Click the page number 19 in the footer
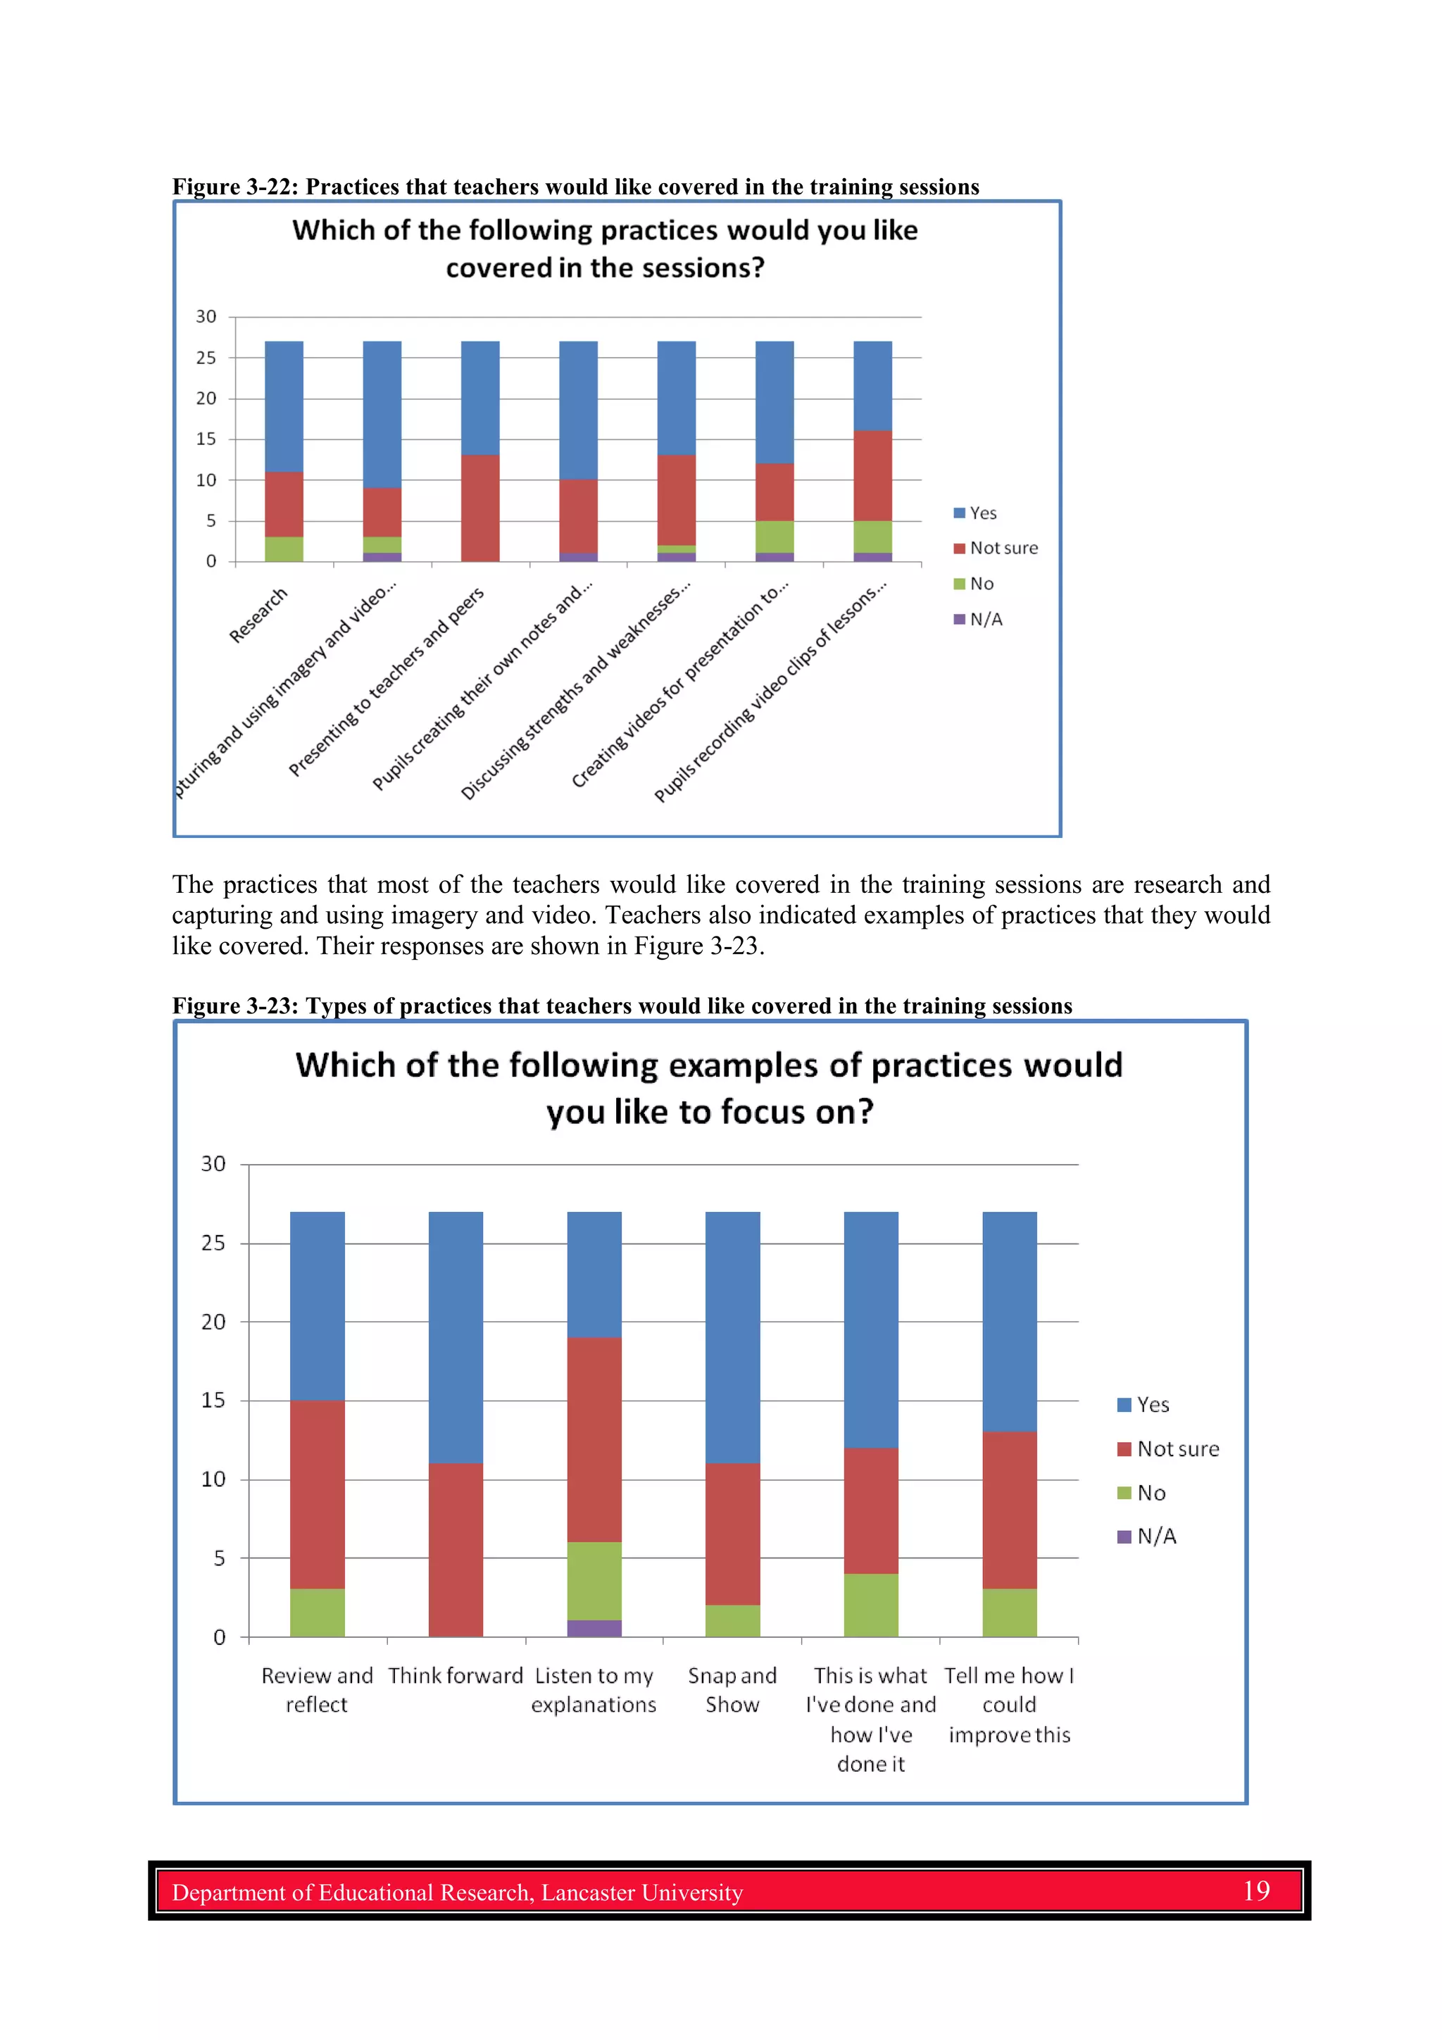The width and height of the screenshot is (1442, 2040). coord(1255,1891)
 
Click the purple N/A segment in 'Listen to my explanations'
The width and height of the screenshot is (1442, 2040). coord(594,1628)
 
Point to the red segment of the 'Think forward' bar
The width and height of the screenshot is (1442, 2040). coord(456,1550)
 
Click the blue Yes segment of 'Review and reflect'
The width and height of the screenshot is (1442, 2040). coord(317,1306)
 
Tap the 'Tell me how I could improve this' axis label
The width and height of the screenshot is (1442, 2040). coord(1009,1705)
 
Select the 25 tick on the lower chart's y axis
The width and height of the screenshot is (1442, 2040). coord(213,1243)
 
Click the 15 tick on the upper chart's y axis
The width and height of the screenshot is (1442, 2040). coord(206,439)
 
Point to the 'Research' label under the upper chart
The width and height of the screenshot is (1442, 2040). coord(258,615)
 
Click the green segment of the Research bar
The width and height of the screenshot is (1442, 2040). coord(284,549)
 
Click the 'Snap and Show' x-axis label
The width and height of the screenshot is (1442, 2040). coord(732,1690)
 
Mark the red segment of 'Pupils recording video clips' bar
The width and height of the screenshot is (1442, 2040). coord(872,475)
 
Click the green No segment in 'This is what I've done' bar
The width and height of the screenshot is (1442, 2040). coord(871,1605)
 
